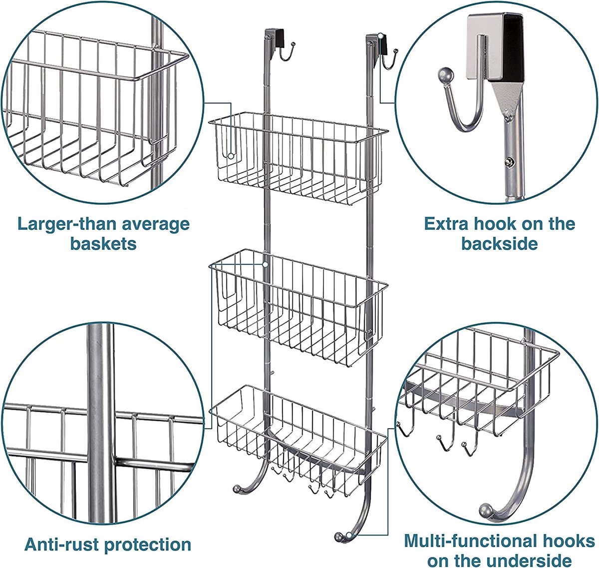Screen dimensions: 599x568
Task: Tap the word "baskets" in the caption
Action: click(x=103, y=243)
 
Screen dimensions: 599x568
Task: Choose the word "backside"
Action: click(x=500, y=243)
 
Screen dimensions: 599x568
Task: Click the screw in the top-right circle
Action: click(x=509, y=162)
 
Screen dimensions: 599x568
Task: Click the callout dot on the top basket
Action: click(x=231, y=156)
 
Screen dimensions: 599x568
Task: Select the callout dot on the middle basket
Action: click(x=266, y=264)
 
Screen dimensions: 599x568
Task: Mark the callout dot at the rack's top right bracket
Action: click(x=380, y=36)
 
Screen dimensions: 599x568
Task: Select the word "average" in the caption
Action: click(x=156, y=225)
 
